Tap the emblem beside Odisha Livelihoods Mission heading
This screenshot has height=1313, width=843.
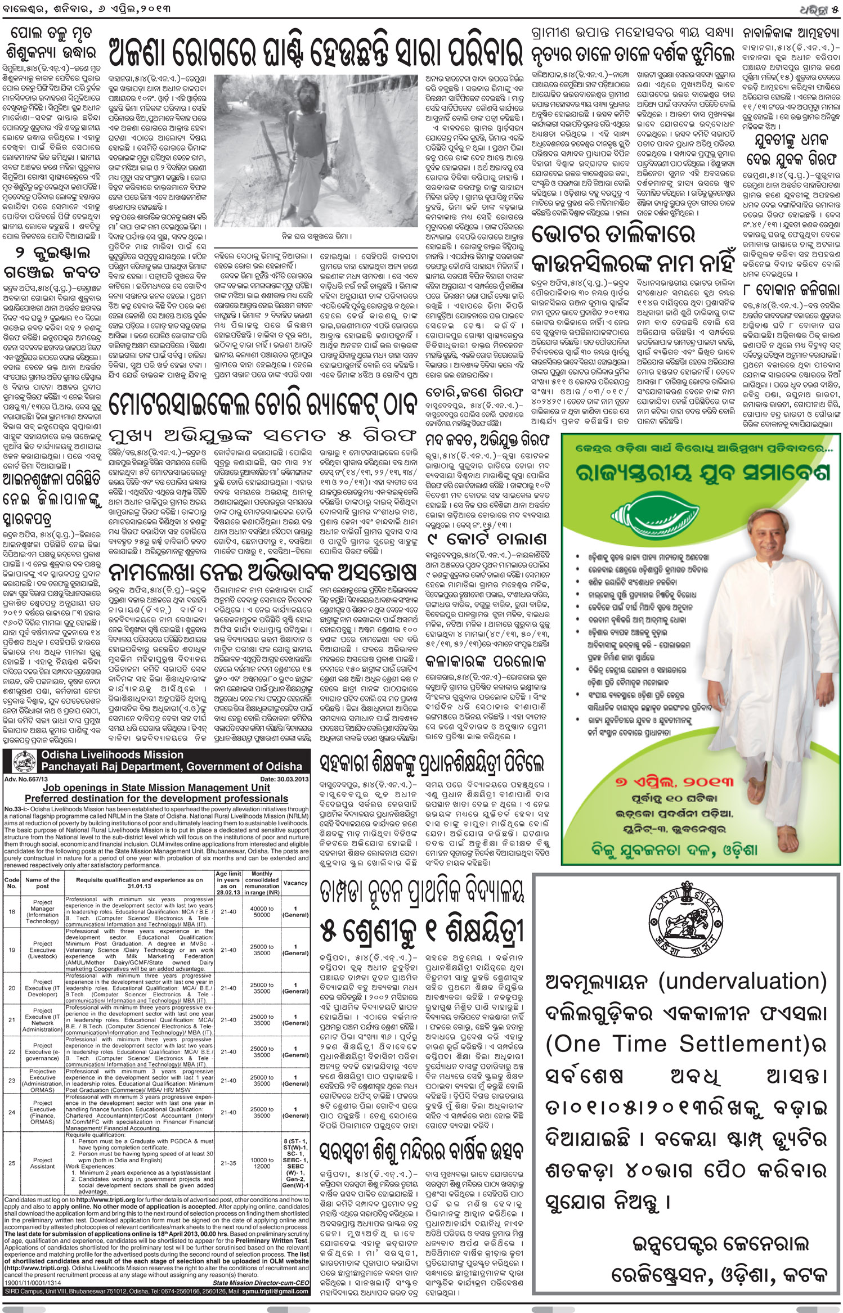[x=21, y=761]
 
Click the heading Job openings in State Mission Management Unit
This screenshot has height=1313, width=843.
[x=156, y=788]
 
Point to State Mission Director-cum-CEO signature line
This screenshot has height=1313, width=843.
[x=261, y=1279]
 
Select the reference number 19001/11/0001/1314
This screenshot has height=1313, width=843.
[x=35, y=1279]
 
